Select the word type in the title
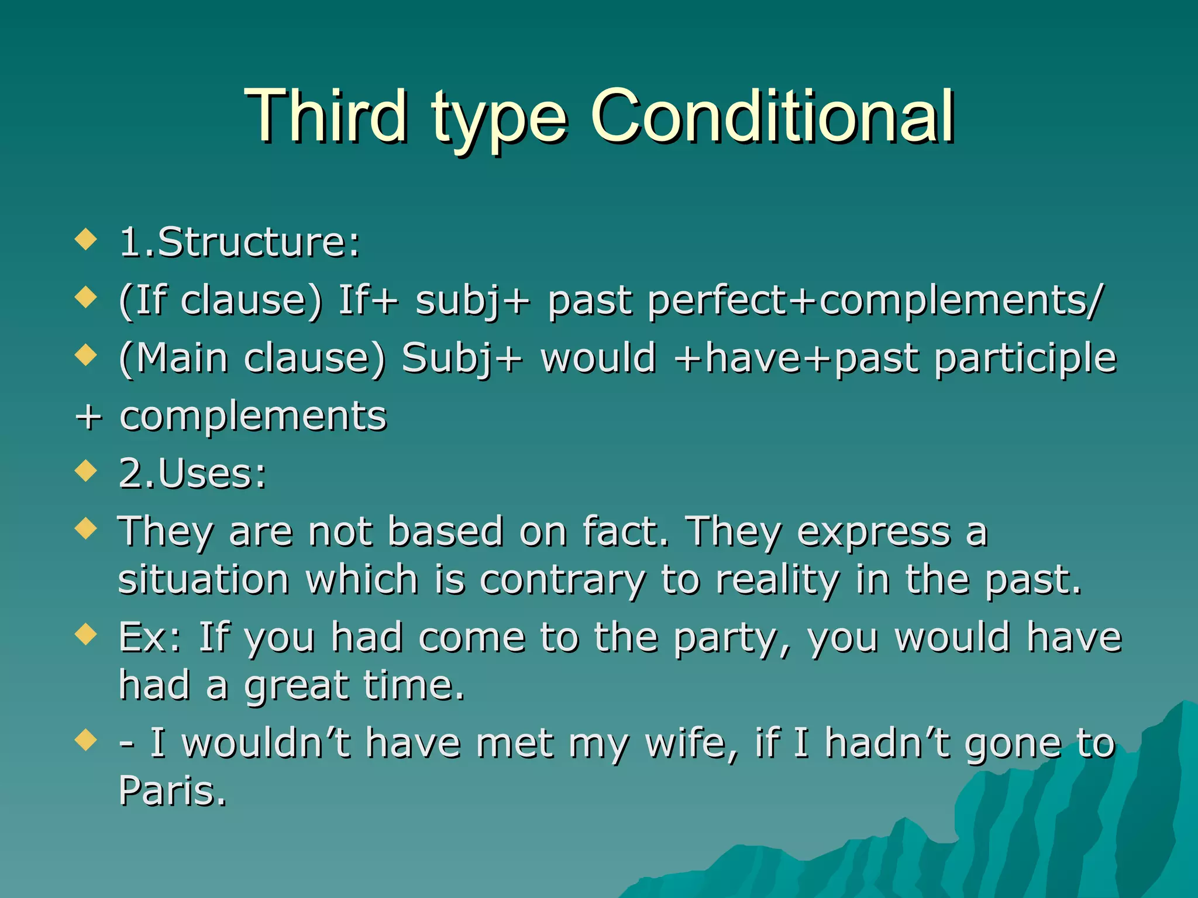[x=500, y=120]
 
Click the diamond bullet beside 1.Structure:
[x=86, y=239]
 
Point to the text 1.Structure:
[x=239, y=242]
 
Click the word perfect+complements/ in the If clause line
[x=875, y=301]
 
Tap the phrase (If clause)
[x=221, y=301]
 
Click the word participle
[x=1025, y=358]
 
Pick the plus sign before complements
[x=89, y=417]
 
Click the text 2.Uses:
[x=192, y=473]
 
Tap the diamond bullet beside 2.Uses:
[x=86, y=470]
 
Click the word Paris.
[x=172, y=791]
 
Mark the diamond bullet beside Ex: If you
[x=86, y=634]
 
